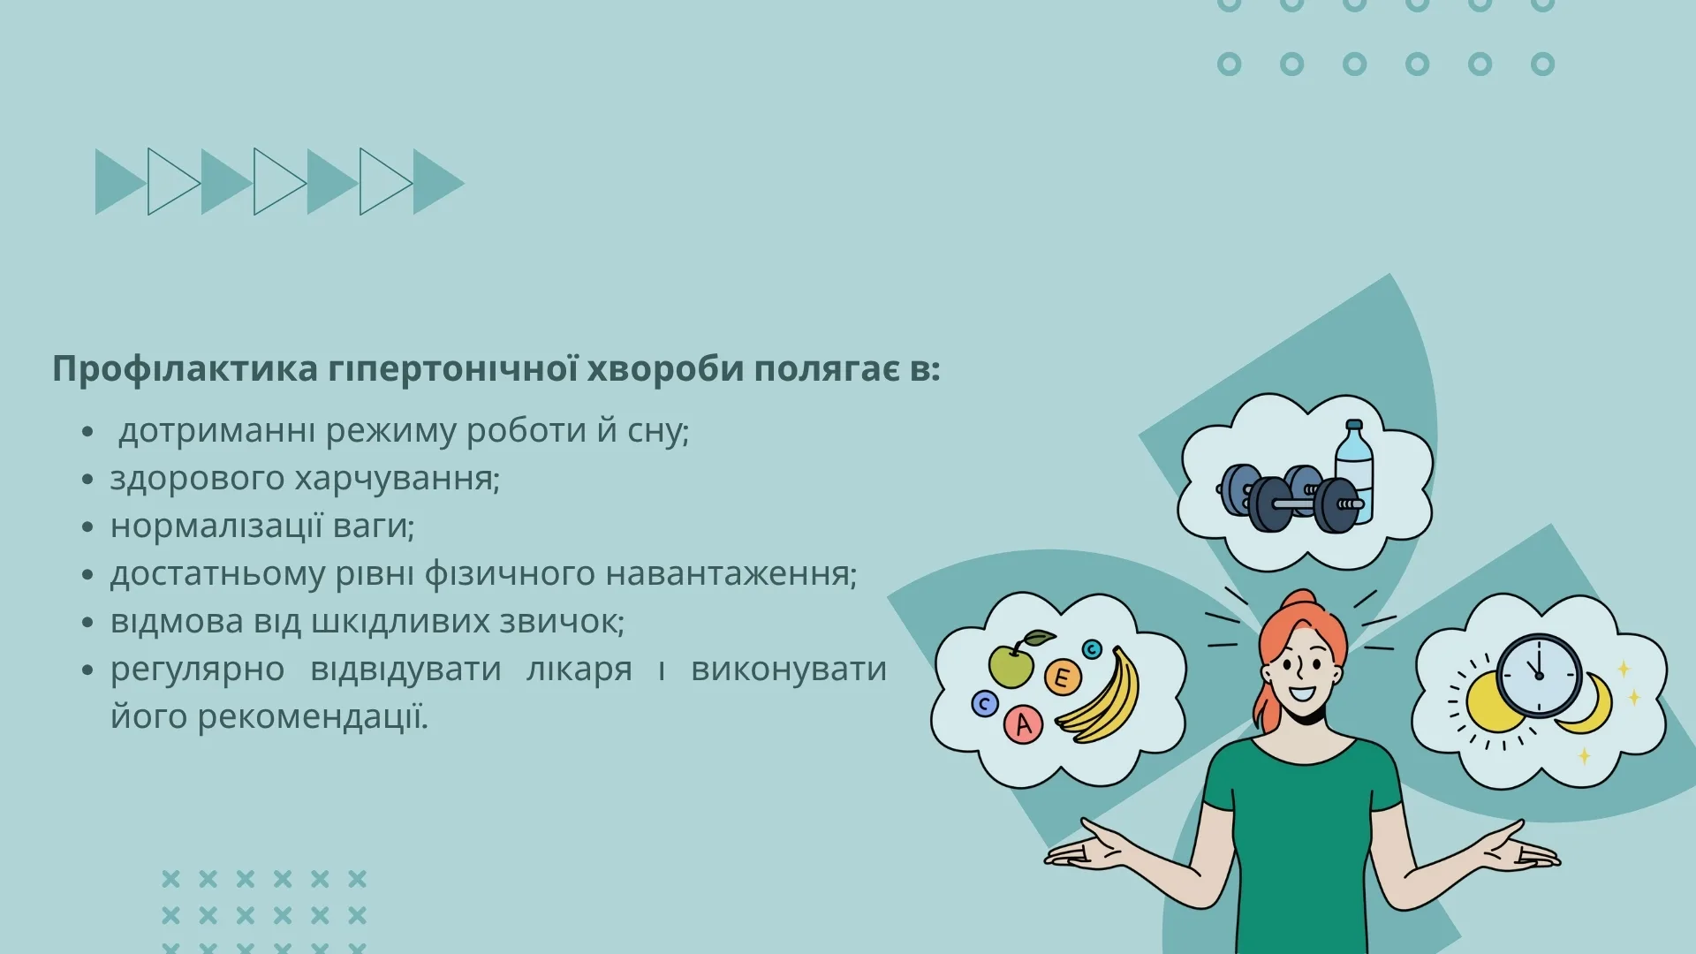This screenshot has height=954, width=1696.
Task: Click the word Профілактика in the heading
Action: click(x=185, y=369)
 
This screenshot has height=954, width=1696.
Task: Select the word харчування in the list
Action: click(x=397, y=479)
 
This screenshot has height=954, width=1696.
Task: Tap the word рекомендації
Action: click(x=313, y=717)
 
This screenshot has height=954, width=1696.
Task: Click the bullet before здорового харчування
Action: click(x=87, y=480)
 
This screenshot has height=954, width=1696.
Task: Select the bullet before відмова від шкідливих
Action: click(x=87, y=623)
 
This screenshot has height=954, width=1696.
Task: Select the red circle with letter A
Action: click(x=1023, y=724)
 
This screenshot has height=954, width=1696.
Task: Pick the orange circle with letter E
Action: click(x=1063, y=678)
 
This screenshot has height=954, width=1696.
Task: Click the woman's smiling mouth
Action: click(x=1302, y=693)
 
